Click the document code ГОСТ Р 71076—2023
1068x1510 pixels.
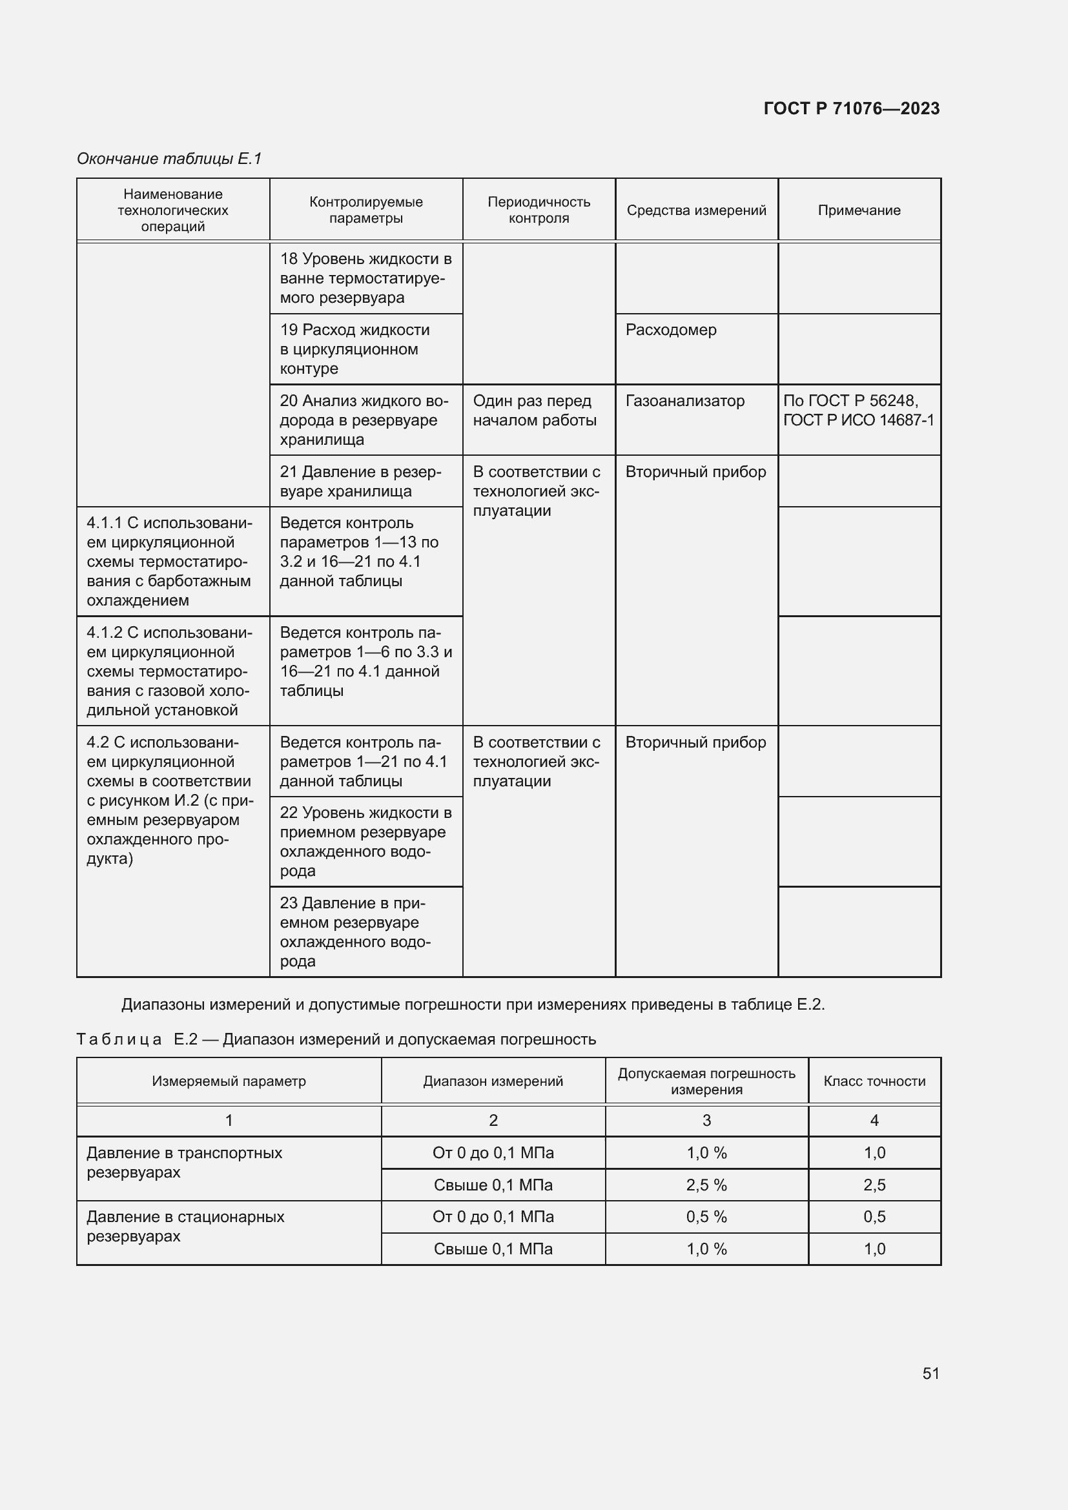point(851,108)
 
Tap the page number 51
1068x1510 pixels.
point(930,1373)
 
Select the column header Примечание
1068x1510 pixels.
point(859,210)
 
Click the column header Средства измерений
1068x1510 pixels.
point(696,210)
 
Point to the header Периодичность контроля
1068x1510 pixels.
point(539,210)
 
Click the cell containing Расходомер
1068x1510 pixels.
point(671,330)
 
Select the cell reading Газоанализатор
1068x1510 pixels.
point(684,401)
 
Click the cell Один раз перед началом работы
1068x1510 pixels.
point(534,411)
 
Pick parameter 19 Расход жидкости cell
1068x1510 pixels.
point(355,349)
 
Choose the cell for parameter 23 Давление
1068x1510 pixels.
point(355,932)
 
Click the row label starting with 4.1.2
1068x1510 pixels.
point(169,671)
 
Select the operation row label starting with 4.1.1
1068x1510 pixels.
point(169,561)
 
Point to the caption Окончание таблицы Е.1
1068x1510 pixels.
point(169,159)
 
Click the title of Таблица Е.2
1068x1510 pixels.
point(336,1039)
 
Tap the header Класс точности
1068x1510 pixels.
point(874,1081)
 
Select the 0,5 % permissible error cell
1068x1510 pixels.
point(706,1217)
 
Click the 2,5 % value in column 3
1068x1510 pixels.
point(706,1185)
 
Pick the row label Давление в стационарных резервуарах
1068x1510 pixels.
point(185,1226)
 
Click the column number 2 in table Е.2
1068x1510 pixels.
point(493,1120)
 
